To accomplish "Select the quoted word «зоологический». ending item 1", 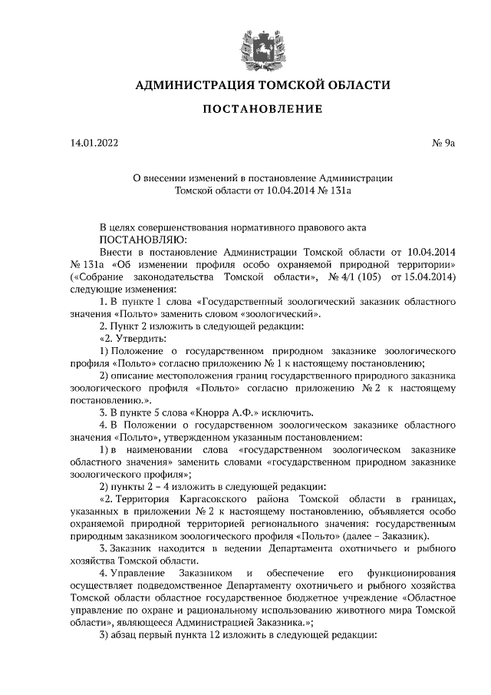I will tap(281, 314).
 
